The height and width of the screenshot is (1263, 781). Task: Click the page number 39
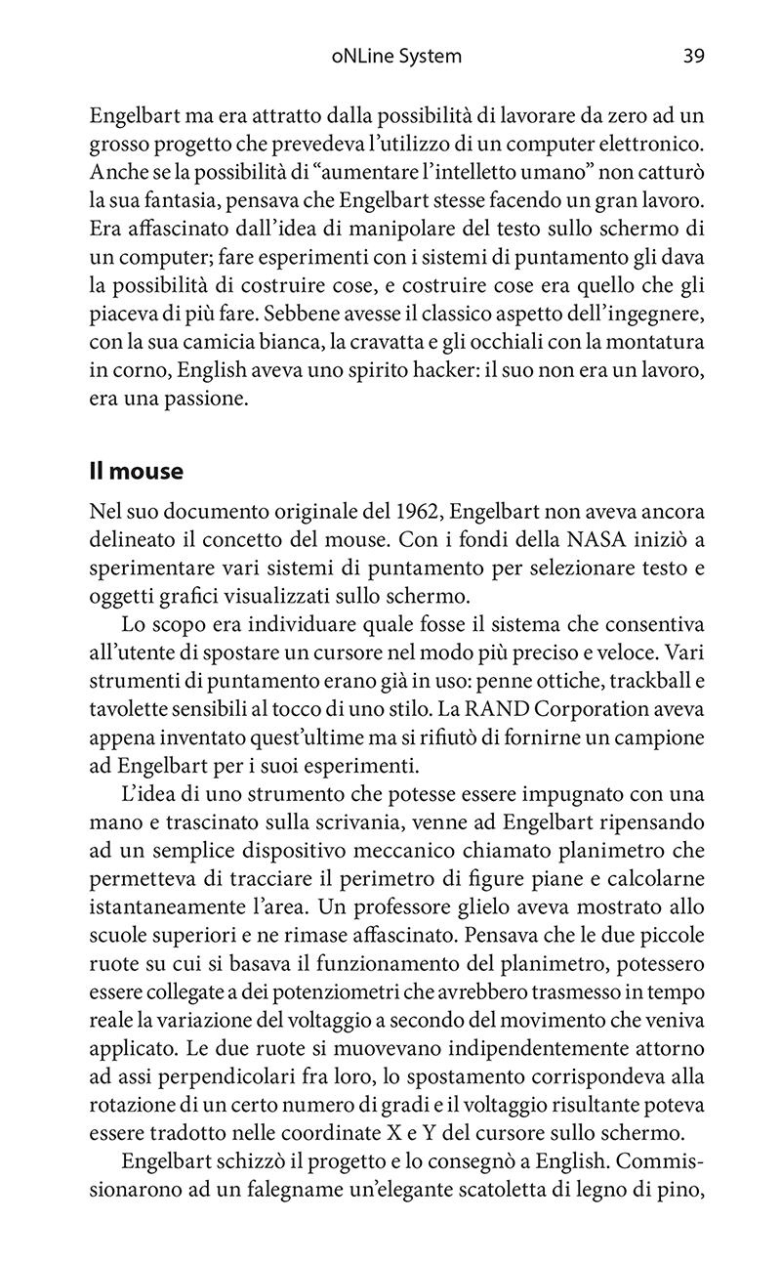click(x=693, y=57)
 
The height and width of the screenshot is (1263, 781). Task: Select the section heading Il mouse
click(x=136, y=471)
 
